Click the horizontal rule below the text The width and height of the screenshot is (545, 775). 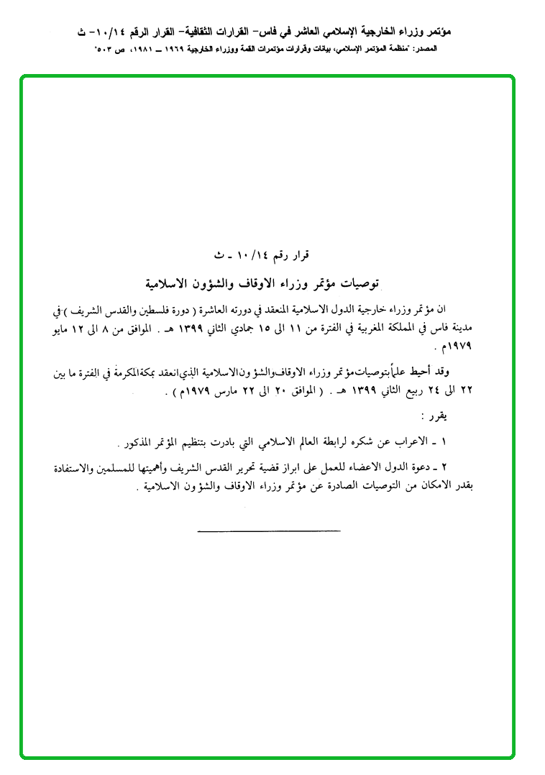pos(268,531)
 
